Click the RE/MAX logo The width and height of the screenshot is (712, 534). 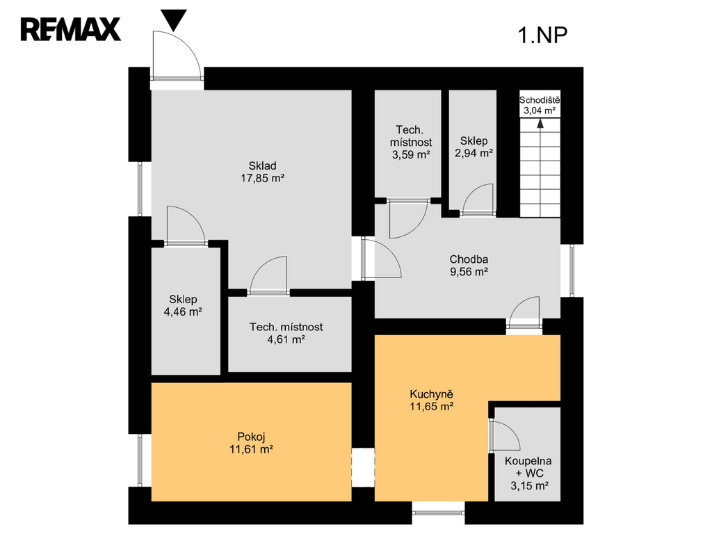tap(70, 29)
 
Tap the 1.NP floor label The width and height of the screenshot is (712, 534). tap(542, 35)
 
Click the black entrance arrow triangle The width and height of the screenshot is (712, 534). tap(174, 20)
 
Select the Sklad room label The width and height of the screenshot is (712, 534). tap(262, 165)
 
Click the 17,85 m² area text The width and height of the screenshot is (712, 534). tap(262, 178)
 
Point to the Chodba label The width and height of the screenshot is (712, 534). tap(469, 259)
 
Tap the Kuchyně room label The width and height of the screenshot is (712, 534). tap(431, 394)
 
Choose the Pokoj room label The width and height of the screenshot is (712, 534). tap(251, 437)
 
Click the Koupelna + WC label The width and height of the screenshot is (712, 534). tap(528, 467)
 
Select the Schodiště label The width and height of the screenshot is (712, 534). tap(540, 100)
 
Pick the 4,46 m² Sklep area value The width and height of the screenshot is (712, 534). tap(183, 312)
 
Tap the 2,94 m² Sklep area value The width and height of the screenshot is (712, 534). tap(474, 153)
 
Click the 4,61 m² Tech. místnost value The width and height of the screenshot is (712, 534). tap(286, 339)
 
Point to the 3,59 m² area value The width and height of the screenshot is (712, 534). tap(411, 154)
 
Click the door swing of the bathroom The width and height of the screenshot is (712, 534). tap(505, 435)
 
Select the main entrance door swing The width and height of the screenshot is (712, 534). tap(177, 55)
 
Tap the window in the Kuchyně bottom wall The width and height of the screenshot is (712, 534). tap(438, 512)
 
